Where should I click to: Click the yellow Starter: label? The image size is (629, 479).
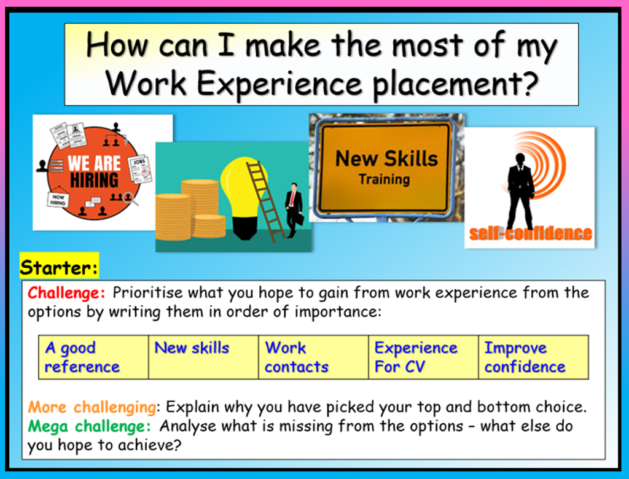point(59,268)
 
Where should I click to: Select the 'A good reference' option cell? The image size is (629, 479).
point(93,357)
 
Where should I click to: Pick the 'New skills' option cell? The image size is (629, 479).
point(203,357)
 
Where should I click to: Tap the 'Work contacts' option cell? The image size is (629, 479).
point(313,357)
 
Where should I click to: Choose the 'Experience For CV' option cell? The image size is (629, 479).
point(423,357)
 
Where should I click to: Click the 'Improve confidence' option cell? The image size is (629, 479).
point(533,357)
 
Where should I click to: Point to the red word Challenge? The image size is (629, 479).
point(67,292)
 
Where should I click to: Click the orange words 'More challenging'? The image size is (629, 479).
point(92,407)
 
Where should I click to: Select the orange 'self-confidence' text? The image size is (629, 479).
point(530,234)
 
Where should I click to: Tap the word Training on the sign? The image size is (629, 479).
point(384,179)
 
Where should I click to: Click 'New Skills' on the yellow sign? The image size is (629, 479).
point(386,158)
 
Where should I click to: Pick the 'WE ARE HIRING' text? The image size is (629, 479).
point(93,172)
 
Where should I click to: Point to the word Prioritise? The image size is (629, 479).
point(148,292)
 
